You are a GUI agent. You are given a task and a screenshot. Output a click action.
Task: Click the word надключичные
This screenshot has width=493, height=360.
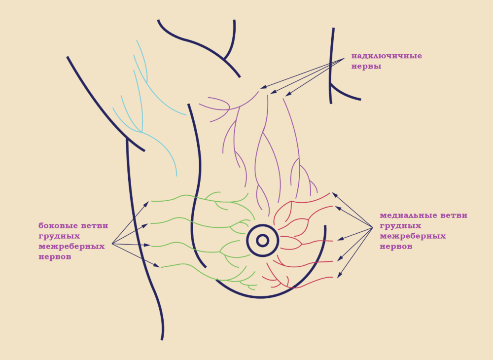[x=387, y=56]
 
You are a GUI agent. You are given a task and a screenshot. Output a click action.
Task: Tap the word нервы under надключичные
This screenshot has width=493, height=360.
[x=366, y=66]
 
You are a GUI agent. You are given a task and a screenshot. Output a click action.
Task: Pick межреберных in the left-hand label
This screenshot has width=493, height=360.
[x=71, y=246]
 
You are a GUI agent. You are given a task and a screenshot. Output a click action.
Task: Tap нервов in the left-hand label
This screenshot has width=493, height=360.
[x=55, y=256]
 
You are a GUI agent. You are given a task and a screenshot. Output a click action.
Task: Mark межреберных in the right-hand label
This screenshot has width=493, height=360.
[x=413, y=236]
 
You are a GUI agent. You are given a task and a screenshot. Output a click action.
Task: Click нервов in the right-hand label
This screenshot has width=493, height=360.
[x=396, y=246]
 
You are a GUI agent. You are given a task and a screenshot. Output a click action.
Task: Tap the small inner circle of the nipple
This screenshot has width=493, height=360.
[x=262, y=240]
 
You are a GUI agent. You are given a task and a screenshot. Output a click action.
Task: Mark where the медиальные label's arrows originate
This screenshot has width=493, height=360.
[x=373, y=227]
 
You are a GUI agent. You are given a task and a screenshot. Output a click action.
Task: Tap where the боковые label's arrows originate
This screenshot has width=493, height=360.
[x=112, y=243]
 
